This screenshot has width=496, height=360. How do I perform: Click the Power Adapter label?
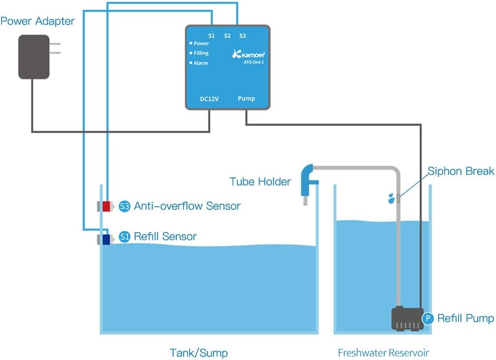click(x=37, y=22)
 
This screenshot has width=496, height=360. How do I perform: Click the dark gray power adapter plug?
click(x=34, y=57)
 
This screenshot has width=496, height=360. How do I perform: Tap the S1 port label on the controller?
click(x=211, y=36)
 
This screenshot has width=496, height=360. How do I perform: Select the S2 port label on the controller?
click(x=227, y=36)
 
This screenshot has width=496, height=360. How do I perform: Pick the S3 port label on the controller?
click(x=242, y=36)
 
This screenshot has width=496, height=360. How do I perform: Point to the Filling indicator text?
click(x=201, y=53)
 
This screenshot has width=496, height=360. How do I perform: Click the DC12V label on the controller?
click(x=209, y=99)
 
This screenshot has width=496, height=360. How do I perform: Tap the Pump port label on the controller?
click(x=246, y=99)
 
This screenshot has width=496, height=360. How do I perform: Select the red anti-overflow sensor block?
click(x=106, y=206)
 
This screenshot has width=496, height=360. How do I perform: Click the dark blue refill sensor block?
click(x=106, y=239)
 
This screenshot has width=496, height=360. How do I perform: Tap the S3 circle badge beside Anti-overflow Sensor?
click(x=125, y=207)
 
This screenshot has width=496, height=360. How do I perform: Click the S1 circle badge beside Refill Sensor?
click(x=125, y=237)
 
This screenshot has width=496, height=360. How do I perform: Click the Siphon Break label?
click(x=460, y=171)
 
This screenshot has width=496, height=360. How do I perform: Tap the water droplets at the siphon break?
click(x=392, y=197)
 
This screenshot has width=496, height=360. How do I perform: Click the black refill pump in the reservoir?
click(x=406, y=318)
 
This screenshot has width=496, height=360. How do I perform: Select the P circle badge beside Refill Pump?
click(x=428, y=318)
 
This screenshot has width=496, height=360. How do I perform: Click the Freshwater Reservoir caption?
click(x=383, y=353)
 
